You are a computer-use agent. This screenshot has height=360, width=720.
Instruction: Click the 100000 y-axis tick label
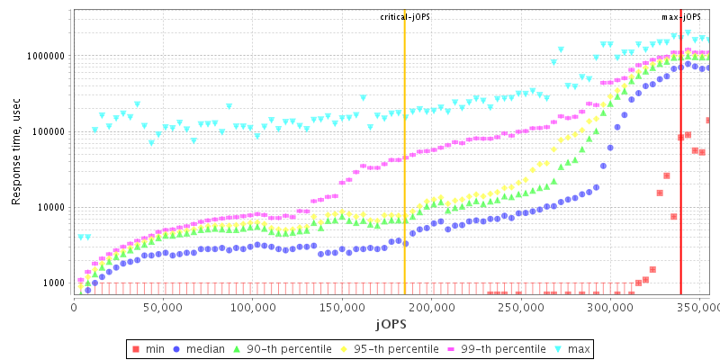[x=49, y=131]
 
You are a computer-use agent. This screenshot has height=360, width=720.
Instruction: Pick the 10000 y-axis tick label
[x=51, y=207]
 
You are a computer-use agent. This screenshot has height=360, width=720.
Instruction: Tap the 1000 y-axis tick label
[x=54, y=283]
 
